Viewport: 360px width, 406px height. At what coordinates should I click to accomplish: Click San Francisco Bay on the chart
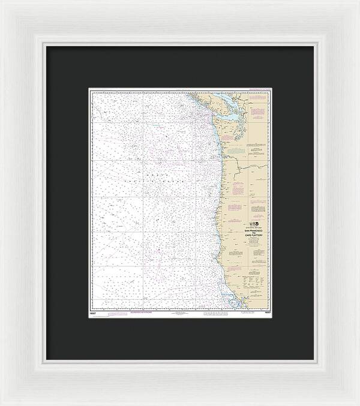pyautogui.click(x=230, y=300)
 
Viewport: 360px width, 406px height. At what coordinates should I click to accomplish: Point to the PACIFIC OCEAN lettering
pyautogui.click(x=144, y=179)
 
